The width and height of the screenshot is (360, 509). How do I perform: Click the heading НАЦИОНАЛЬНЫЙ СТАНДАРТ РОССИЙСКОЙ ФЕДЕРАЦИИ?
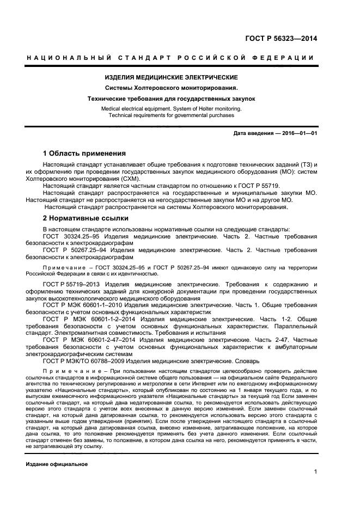[170, 58]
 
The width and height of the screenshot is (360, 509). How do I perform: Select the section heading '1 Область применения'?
[84, 154]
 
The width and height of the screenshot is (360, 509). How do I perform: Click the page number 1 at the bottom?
[315, 471]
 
